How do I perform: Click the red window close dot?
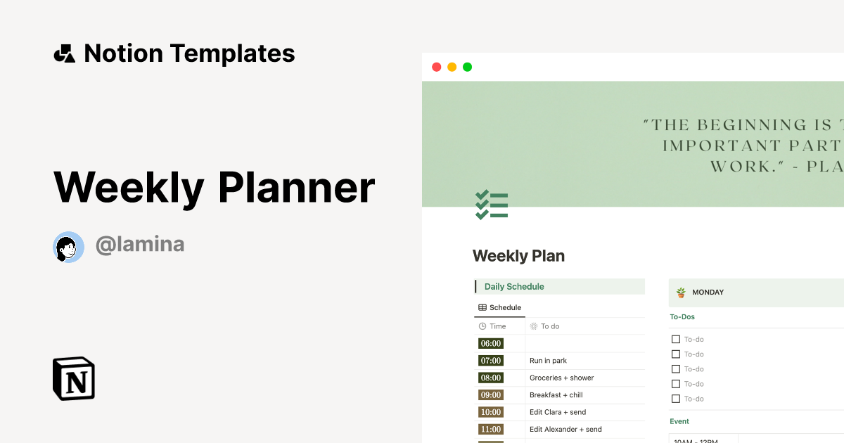[436, 67]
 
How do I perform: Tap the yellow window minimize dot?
[452, 67]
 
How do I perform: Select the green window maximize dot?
[467, 67]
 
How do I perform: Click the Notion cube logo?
[74, 378]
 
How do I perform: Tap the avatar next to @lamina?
[68, 246]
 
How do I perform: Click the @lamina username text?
[140, 245]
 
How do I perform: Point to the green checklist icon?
[492, 205]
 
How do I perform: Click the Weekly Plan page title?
[518, 256]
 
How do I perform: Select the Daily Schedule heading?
[514, 286]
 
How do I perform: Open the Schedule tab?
[500, 307]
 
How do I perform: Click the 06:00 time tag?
[490, 344]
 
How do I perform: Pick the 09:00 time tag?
[490, 395]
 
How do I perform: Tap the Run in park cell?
[548, 361]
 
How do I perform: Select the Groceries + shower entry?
[561, 378]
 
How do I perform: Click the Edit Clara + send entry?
[557, 412]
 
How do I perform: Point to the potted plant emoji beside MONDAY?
[681, 293]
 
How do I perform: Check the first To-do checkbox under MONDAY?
[676, 340]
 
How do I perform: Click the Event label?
[679, 421]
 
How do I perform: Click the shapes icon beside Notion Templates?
[65, 53]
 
